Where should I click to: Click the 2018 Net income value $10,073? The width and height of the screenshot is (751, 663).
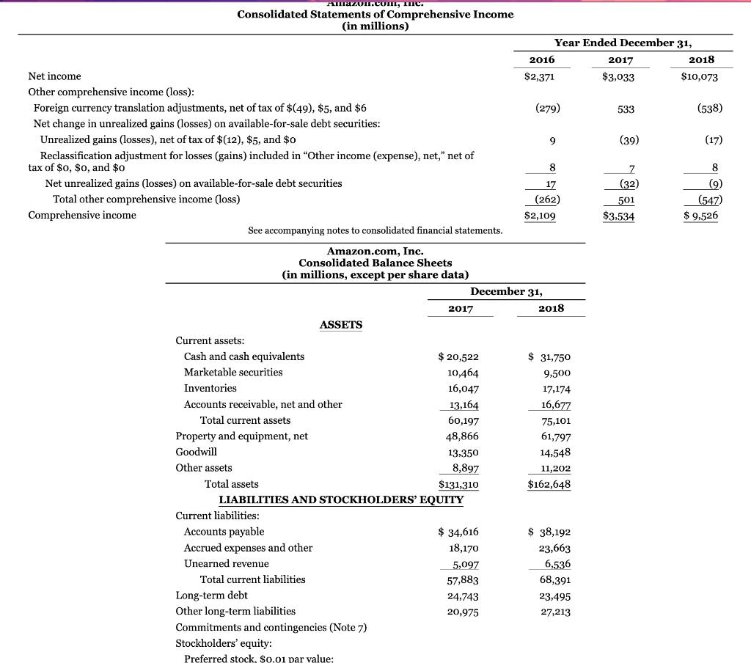point(699,76)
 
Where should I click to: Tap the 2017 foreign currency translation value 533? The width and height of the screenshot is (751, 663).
point(620,109)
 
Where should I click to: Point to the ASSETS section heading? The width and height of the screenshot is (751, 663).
point(341,325)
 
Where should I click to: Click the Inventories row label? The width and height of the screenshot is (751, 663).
point(210,388)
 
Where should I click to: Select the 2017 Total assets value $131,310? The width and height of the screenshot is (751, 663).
point(458,484)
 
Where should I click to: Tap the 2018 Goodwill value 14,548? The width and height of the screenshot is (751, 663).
point(554,453)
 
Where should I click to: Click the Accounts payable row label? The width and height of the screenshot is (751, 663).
point(224,532)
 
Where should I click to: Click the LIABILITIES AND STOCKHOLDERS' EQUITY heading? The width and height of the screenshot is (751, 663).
point(341,500)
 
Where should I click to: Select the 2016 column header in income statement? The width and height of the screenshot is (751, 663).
point(542,59)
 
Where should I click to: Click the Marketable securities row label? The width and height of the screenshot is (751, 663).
point(232,373)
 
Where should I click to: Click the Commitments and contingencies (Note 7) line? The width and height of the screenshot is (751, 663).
point(271,627)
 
